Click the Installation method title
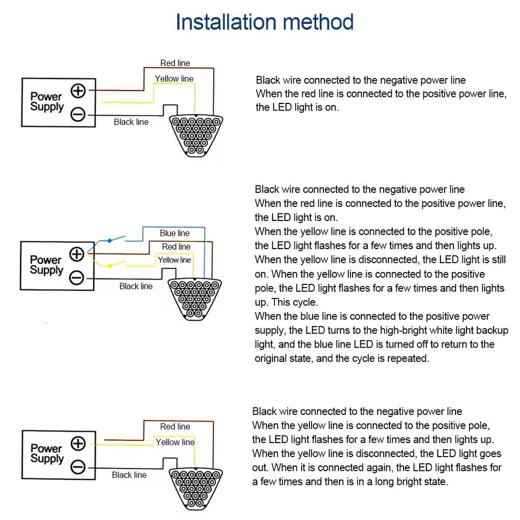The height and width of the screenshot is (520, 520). click(x=264, y=22)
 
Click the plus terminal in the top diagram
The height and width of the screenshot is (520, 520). click(x=79, y=90)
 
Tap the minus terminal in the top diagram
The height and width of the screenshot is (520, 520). click(x=79, y=114)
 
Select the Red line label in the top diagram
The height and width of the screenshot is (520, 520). click(x=175, y=63)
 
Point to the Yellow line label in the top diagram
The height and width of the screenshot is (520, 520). click(x=174, y=79)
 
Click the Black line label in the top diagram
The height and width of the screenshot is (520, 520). click(x=131, y=122)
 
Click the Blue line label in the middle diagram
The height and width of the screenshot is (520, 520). click(x=174, y=233)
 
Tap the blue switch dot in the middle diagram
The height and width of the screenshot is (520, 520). click(x=109, y=240)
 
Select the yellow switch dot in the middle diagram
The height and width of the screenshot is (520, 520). click(x=109, y=265)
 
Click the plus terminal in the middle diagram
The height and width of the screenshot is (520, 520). click(x=77, y=253)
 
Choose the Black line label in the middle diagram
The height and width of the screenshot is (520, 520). click(x=136, y=286)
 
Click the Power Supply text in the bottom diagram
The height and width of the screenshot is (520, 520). click(x=47, y=453)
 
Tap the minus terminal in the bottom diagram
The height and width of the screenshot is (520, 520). click(x=79, y=466)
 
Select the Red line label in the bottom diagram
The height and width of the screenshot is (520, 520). click(x=175, y=426)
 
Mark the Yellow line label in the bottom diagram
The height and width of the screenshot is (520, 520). click(x=175, y=442)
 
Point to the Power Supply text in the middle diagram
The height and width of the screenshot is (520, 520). click(x=46, y=265)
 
